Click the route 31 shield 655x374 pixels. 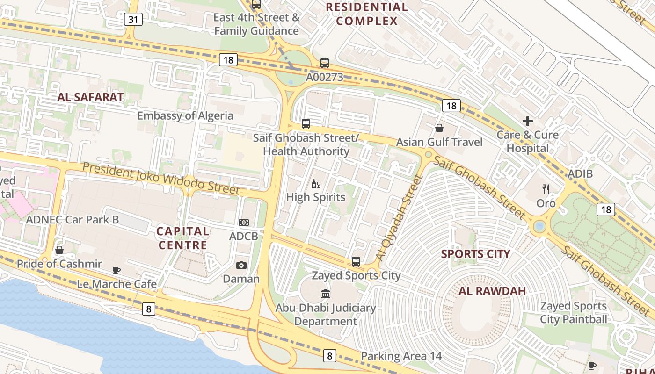(133, 19)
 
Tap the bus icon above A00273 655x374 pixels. (325, 63)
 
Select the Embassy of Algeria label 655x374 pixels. (185, 115)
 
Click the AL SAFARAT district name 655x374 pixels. (90, 97)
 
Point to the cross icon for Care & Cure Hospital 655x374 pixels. (528, 122)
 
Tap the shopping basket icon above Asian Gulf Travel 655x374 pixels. (439, 128)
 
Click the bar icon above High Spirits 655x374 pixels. (316, 184)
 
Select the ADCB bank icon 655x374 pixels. (243, 223)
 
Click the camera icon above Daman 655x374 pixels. (241, 266)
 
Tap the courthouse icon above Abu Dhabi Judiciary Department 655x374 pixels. (326, 294)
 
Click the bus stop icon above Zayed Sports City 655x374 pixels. (356, 262)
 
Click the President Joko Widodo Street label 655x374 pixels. (161, 178)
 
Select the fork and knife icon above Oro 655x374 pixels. (546, 189)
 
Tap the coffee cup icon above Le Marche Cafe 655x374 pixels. (116, 270)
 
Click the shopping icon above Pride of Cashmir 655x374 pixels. (59, 251)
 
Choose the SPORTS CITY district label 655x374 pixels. (475, 254)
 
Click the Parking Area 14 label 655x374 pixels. (401, 356)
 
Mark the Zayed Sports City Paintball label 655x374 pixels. (574, 313)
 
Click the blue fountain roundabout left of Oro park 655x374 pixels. (539, 227)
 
